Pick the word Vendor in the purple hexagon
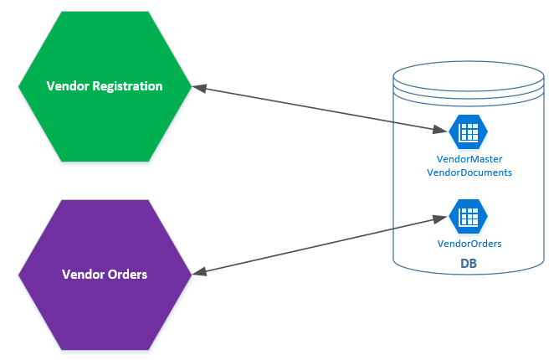pyautogui.click(x=81, y=274)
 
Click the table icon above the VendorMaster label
pyautogui.click(x=469, y=132)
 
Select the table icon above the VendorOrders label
pyautogui.click(x=469, y=217)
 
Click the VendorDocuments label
pyautogui.click(x=469, y=172)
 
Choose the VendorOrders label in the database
pyautogui.click(x=469, y=244)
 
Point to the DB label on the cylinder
pyautogui.click(x=469, y=265)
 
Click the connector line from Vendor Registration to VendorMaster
pyautogui.click(x=318, y=108)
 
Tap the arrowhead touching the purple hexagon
pyautogui.click(x=199, y=271)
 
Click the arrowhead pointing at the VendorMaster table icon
pyautogui.click(x=440, y=131)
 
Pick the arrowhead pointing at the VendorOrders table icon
pyautogui.click(x=440, y=218)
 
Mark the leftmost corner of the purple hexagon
pyautogui.click(x=19, y=274)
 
